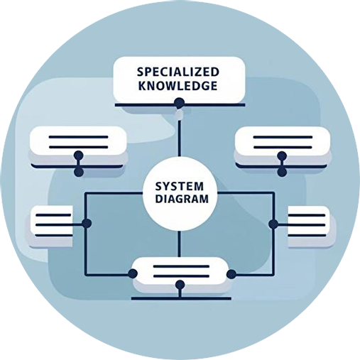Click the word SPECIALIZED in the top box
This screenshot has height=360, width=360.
pos(178,72)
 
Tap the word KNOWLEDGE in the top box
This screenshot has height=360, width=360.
pos(178,86)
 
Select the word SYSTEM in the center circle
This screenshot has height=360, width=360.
pos(180,187)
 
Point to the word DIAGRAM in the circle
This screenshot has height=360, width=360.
pos(182,199)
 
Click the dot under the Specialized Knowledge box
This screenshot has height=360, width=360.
pos(179,103)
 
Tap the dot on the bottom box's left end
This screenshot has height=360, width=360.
pos(133,274)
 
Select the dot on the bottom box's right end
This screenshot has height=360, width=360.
pos(231,274)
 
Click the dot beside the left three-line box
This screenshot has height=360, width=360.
pos(87,223)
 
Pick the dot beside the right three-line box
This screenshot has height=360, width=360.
pos(273,224)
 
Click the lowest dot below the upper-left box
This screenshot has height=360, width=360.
pos(79,172)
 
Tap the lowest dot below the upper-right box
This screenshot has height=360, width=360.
pos(282,172)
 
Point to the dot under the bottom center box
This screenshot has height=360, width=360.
pos(180,285)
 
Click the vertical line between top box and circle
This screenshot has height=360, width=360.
pos(180,138)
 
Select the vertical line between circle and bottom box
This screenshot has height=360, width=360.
pos(179,244)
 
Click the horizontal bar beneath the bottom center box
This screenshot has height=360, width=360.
pos(181,299)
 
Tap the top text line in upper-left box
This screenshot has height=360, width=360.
pos(78,137)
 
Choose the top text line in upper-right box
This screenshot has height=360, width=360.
pos(283,137)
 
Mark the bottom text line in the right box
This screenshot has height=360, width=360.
pos(307,236)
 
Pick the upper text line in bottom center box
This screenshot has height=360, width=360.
pos(181,266)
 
